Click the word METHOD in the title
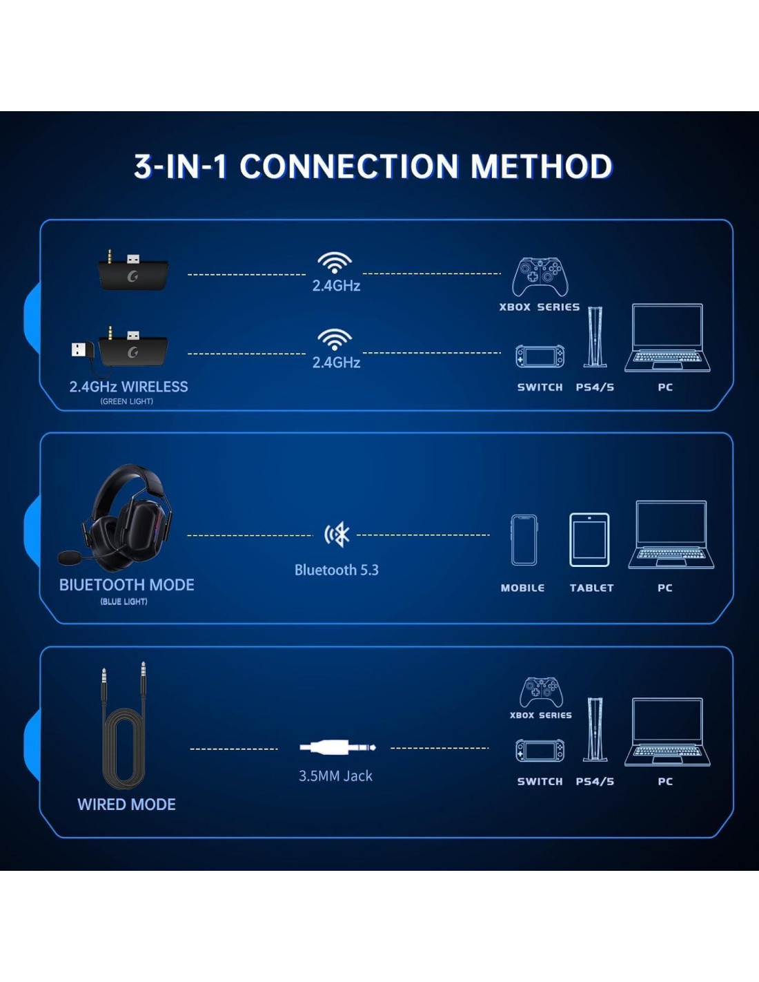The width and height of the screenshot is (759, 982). click(x=541, y=167)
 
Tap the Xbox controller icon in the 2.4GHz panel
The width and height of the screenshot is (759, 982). click(x=540, y=277)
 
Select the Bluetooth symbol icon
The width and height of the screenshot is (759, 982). click(x=337, y=535)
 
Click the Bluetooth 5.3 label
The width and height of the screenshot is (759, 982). click(x=337, y=570)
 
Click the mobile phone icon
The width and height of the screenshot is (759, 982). click(x=524, y=540)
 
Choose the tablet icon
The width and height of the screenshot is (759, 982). click(x=589, y=540)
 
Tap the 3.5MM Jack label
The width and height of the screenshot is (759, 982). click(x=335, y=776)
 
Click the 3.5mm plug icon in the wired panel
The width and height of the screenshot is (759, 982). click(x=337, y=747)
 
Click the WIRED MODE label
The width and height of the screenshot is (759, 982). click(x=126, y=805)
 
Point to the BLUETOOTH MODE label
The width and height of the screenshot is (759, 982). click(x=126, y=585)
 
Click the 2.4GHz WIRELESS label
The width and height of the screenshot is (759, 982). click(x=128, y=387)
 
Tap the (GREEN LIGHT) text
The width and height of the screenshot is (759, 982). click(x=126, y=401)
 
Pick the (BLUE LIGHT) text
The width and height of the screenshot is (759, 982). click(x=124, y=601)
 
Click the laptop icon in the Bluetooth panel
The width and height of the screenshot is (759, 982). click(x=671, y=535)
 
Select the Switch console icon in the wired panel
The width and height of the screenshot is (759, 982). click(x=540, y=751)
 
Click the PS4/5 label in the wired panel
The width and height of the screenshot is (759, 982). click(x=595, y=782)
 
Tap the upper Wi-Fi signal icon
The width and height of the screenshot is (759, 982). click(x=335, y=262)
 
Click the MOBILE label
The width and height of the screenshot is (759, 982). click(x=522, y=588)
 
